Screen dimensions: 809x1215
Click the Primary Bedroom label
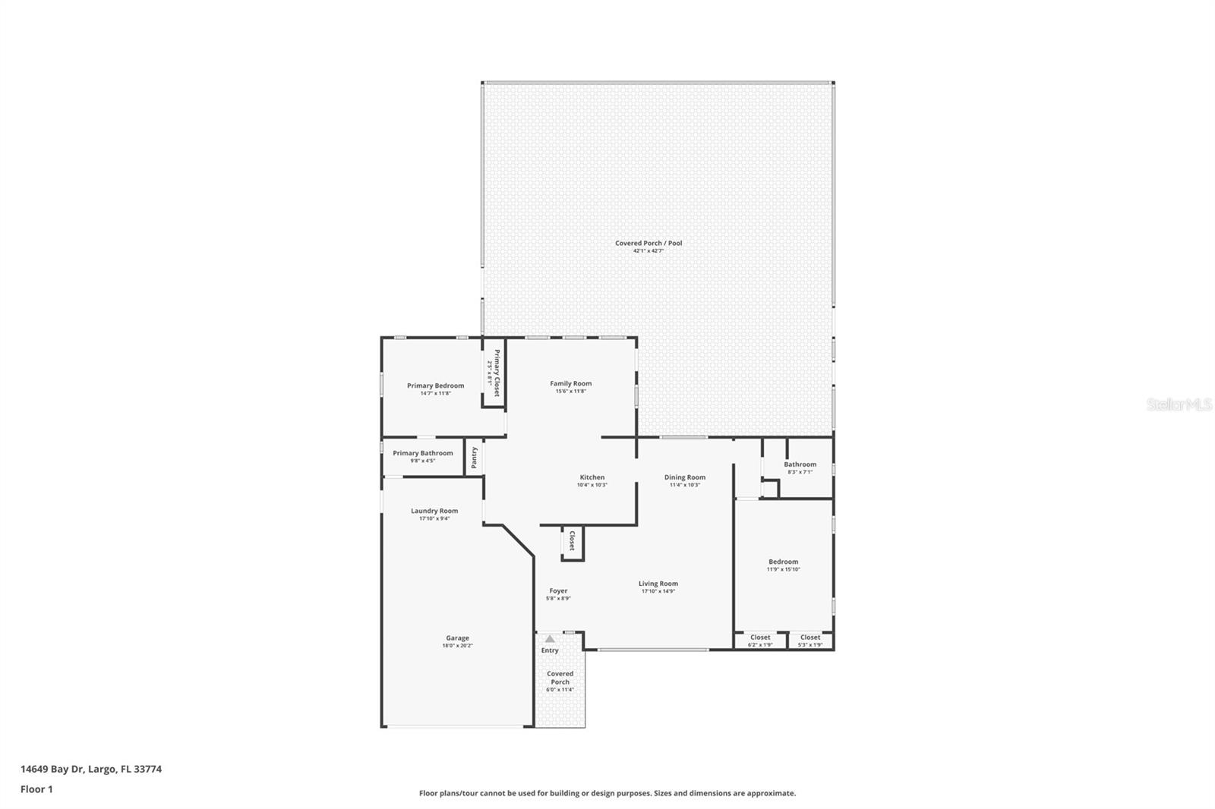point(435,386)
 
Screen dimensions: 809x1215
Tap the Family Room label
point(571,383)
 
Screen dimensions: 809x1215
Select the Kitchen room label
point(592,477)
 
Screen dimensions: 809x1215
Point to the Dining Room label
point(685,477)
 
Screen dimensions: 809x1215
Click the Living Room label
point(658,584)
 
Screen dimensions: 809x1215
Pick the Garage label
point(457,638)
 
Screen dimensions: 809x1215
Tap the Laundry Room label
point(434,511)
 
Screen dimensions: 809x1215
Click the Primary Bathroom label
point(423,453)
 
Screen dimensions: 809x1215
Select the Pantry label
point(475,457)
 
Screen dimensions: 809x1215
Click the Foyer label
point(558,590)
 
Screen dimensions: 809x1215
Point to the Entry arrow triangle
point(550,639)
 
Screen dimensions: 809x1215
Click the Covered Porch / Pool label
point(649,244)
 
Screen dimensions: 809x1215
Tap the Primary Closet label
point(497,373)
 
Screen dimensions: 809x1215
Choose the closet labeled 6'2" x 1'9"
point(760,641)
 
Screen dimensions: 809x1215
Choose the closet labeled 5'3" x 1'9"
point(810,641)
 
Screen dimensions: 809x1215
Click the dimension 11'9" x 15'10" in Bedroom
point(783,569)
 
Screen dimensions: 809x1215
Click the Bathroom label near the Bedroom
point(800,464)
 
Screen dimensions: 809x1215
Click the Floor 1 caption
point(36,789)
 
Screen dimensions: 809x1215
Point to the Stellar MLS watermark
point(1179,404)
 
